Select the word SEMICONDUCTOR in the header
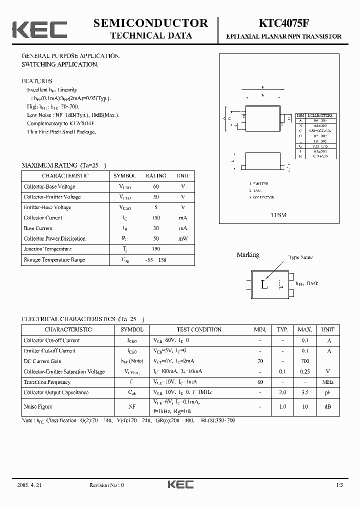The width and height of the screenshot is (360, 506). click(150, 23)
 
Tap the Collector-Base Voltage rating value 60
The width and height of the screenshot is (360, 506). click(156, 186)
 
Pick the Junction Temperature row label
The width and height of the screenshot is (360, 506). click(47, 249)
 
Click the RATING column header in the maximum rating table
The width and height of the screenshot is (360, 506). click(156, 176)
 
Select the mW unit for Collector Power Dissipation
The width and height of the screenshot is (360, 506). click(183, 238)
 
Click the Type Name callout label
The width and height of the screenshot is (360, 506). click(300, 257)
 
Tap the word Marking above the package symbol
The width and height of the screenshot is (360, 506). click(247, 255)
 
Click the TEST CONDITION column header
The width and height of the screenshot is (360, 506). click(199, 330)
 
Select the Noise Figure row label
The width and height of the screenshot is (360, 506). click(38, 407)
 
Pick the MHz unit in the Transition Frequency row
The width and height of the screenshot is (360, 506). click(327, 382)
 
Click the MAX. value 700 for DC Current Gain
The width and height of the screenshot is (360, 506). click(305, 361)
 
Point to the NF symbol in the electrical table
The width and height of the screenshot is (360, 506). click(132, 407)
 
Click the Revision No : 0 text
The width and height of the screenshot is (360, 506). click(106, 485)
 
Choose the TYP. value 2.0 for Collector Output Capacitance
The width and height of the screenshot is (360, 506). click(282, 393)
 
